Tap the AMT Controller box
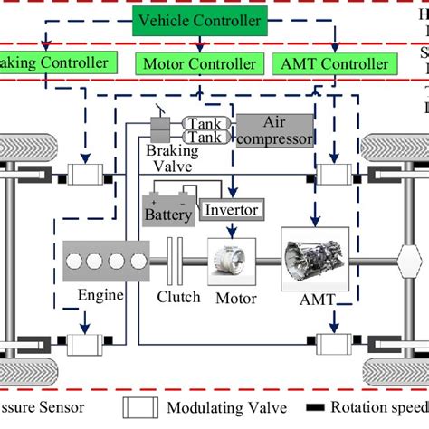click(334, 64)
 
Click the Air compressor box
click(275, 129)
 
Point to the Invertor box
click(232, 210)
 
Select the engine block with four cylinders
click(103, 261)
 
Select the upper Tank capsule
click(206, 122)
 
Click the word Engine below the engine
click(100, 296)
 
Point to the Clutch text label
click(177, 296)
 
